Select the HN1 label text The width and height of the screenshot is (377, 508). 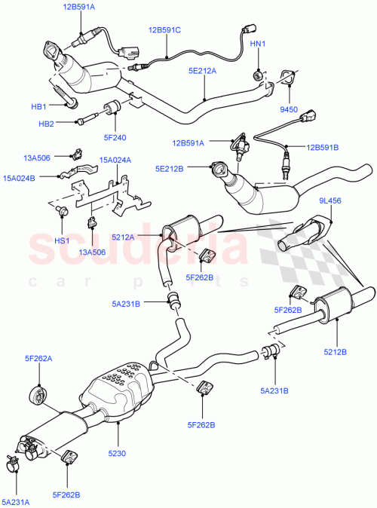[x=258, y=44]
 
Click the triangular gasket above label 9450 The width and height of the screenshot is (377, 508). [x=287, y=77]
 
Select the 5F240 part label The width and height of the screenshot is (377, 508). [x=115, y=137]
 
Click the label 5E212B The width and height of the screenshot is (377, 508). [x=171, y=170]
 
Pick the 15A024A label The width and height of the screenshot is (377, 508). [x=115, y=160]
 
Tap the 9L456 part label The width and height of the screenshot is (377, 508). [x=330, y=200]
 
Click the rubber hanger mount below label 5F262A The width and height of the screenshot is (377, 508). [x=35, y=394]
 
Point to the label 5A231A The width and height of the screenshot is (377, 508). [x=17, y=501]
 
